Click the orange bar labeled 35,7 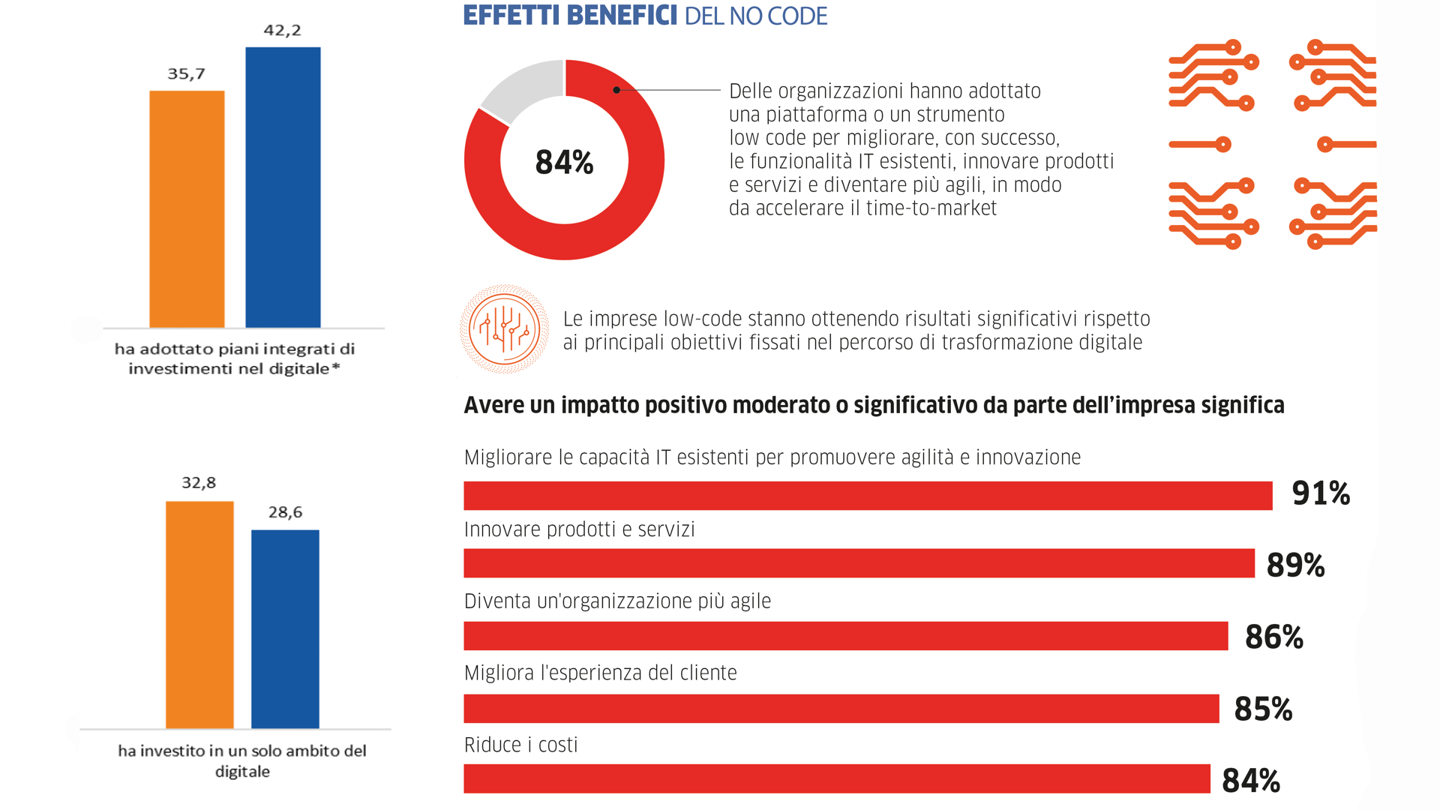[x=187, y=209]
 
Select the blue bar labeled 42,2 [x=283, y=187]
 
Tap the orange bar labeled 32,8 [x=199, y=615]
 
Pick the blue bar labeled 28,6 [x=285, y=629]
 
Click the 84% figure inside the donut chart [x=564, y=162]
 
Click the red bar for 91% [x=868, y=496]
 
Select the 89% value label [x=1295, y=565]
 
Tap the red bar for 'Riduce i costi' [x=836, y=778]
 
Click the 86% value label [x=1273, y=637]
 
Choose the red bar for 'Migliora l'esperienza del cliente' [x=841, y=709]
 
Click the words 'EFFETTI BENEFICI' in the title [x=570, y=16]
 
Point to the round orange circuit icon [x=504, y=329]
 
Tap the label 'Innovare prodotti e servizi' [x=579, y=529]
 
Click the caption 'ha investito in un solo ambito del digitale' [x=241, y=760]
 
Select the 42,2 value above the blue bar [x=282, y=30]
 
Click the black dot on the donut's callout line [x=616, y=90]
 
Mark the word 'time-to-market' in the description [x=931, y=208]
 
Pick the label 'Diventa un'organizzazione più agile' [x=617, y=601]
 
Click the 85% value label [x=1263, y=709]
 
